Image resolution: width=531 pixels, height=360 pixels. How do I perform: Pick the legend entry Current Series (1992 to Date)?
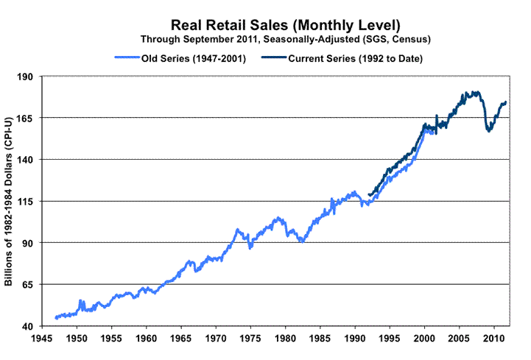(x=350, y=57)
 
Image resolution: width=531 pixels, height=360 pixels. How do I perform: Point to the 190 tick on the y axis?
(x=27, y=76)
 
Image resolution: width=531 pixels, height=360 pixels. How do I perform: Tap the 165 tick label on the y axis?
(x=27, y=118)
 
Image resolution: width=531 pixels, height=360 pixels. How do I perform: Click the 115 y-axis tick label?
(x=27, y=201)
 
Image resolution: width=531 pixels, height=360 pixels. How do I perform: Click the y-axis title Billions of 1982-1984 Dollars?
(x=10, y=201)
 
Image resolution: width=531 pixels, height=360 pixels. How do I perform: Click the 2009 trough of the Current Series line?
(x=488, y=130)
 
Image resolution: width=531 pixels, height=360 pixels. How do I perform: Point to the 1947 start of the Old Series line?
(x=56, y=318)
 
